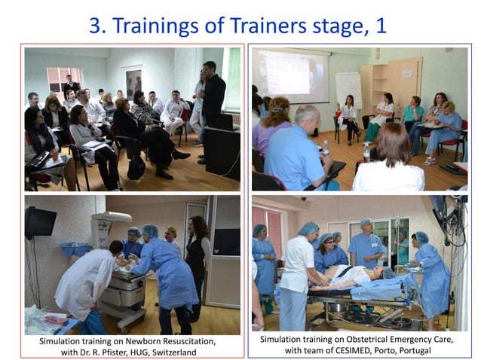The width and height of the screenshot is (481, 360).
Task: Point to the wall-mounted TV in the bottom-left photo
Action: point(40,222)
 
